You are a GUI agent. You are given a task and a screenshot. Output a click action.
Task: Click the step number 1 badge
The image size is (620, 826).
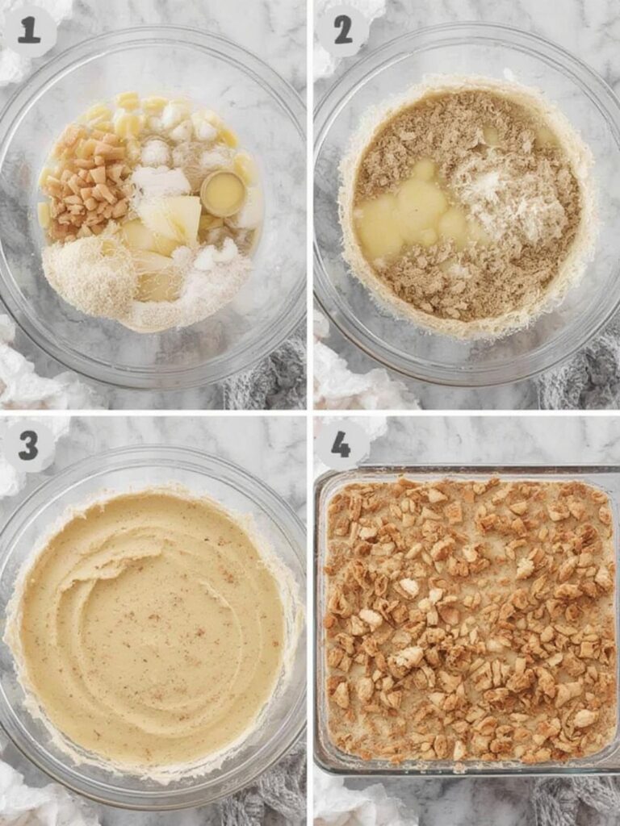pyautogui.click(x=30, y=30)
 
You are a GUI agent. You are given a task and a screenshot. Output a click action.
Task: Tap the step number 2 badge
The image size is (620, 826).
pyautogui.click(x=342, y=30)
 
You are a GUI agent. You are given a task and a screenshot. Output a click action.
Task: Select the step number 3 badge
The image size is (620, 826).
pyautogui.click(x=28, y=444)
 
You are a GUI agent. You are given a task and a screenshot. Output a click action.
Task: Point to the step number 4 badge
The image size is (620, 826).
pyautogui.click(x=341, y=443)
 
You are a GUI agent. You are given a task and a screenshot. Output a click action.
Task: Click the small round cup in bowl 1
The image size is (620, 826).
pyautogui.click(x=224, y=193)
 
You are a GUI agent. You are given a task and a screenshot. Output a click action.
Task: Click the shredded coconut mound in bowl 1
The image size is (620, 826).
pyautogui.click(x=89, y=274)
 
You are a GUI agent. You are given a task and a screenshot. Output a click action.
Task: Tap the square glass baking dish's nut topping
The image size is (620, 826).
pyautogui.click(x=468, y=621)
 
